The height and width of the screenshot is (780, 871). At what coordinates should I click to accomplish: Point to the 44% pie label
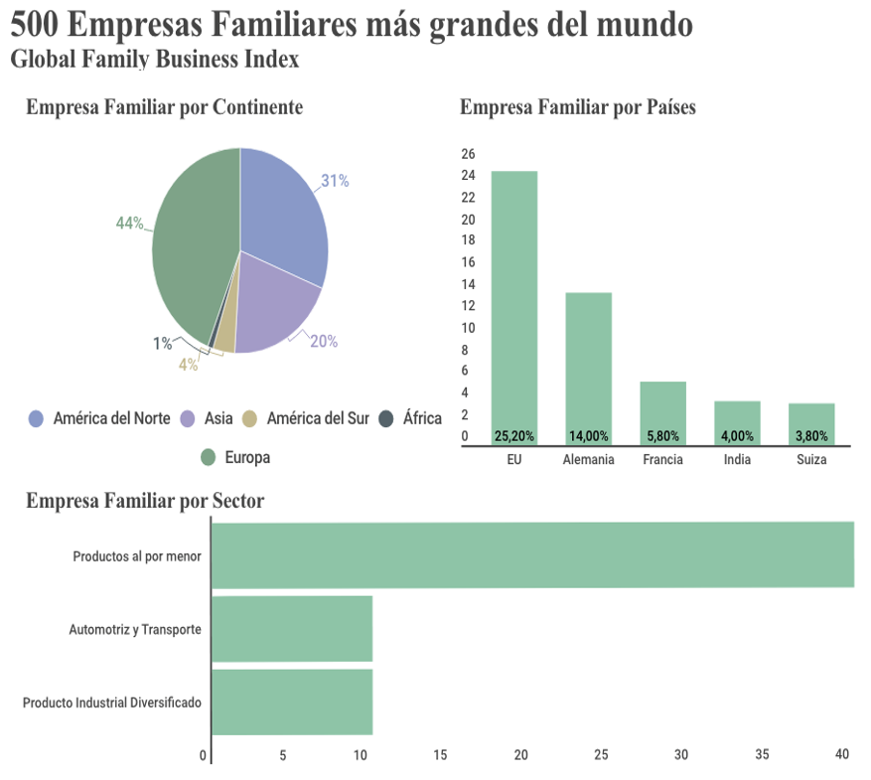(129, 224)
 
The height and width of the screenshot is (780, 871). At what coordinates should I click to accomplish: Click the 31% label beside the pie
(334, 181)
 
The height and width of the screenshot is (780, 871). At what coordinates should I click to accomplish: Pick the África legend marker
(387, 418)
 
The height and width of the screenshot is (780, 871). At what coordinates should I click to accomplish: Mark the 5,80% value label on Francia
(662, 436)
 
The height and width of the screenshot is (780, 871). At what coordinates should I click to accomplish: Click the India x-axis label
(737, 460)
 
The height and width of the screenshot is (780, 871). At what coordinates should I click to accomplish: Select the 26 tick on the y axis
(469, 154)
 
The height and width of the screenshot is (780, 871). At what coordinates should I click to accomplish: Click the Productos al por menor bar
(532, 554)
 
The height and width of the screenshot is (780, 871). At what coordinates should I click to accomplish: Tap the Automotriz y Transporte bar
(292, 629)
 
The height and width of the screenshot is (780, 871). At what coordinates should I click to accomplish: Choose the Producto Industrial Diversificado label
(112, 702)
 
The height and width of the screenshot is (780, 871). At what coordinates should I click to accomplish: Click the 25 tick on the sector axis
(601, 755)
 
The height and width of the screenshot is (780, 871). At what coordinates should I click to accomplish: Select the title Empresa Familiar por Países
(577, 107)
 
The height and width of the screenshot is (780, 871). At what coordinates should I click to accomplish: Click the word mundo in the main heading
(643, 25)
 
